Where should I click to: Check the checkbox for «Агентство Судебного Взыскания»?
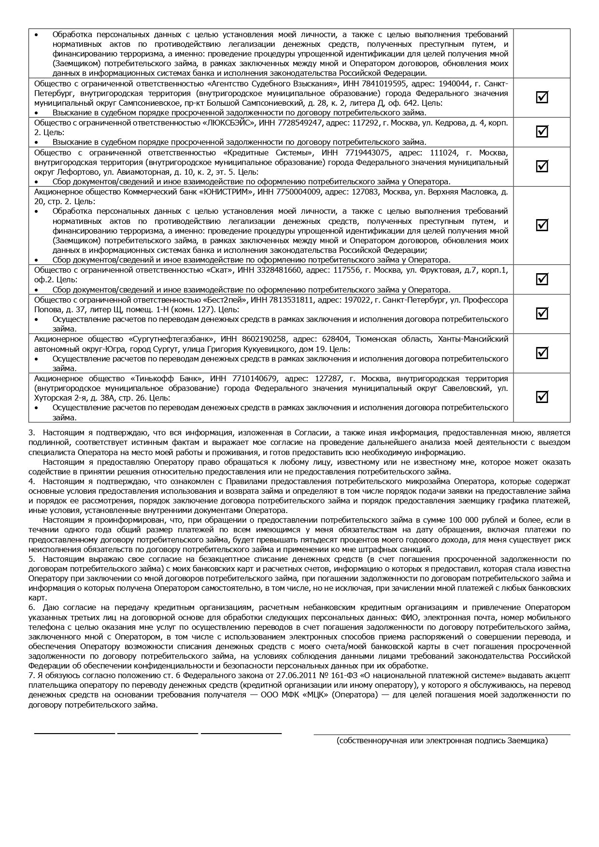542,97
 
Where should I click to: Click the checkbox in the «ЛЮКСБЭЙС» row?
542,132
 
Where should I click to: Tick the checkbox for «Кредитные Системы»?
542,166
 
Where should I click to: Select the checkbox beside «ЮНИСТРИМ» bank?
542,225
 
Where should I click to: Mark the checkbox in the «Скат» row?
542,279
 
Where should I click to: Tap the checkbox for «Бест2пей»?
542,313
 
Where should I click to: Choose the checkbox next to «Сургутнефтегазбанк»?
542,353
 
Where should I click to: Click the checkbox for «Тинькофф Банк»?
542,397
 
